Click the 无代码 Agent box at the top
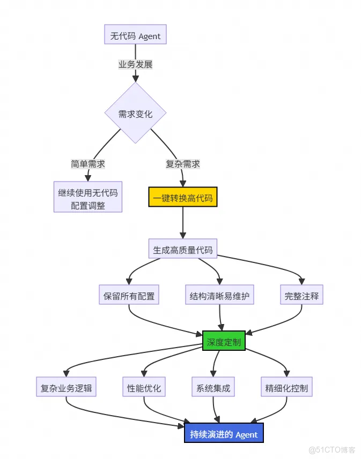click(135, 36)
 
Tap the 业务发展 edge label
click(135, 64)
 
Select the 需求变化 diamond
click(135, 114)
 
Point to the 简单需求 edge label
click(88, 164)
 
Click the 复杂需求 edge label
click(182, 164)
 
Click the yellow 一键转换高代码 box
click(182, 198)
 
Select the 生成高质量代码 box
click(182, 250)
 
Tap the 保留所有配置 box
click(129, 295)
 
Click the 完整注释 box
click(301, 295)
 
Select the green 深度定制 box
click(224, 341)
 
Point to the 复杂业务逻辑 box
click(67, 388)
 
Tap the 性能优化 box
click(144, 388)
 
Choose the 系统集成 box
click(213, 388)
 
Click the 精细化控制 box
click(286, 388)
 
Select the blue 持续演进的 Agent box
click(224, 434)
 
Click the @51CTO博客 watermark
click(329, 449)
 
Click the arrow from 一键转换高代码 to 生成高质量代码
click(182, 222)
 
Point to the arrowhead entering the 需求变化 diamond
click(135, 79)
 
